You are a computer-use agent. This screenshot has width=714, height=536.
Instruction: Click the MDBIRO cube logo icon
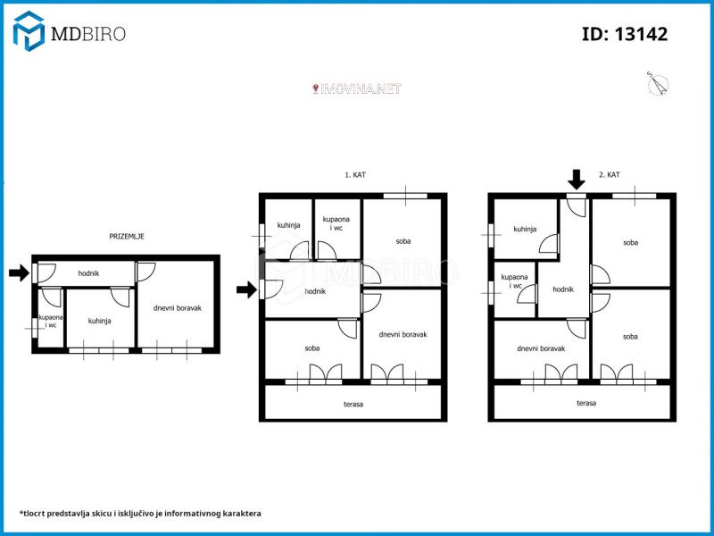pyautogui.click(x=29, y=31)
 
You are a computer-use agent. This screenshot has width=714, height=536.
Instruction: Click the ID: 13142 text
pyautogui.click(x=625, y=34)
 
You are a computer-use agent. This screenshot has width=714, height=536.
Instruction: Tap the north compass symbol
pyautogui.click(x=658, y=84)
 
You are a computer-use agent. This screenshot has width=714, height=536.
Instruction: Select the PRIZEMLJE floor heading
pyautogui.click(x=127, y=236)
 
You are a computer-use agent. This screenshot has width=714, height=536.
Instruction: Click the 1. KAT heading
pyautogui.click(x=354, y=174)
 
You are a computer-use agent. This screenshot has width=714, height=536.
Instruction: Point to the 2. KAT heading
pyautogui.click(x=609, y=174)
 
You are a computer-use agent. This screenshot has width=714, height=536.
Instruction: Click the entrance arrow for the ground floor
pyautogui.click(x=19, y=273)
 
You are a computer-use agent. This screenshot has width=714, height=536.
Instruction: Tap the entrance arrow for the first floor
pyautogui.click(x=246, y=289)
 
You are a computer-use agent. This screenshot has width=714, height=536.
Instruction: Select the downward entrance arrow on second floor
pyautogui.click(x=577, y=180)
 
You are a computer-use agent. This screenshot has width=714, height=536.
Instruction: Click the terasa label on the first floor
pyautogui.click(x=353, y=404)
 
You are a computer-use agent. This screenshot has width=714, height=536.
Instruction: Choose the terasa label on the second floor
pyautogui.click(x=586, y=403)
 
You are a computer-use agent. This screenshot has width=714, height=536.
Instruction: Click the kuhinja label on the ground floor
pyautogui.click(x=99, y=321)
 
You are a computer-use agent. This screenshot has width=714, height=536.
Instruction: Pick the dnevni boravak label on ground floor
pyautogui.click(x=177, y=308)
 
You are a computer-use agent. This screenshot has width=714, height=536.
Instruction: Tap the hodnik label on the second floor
pyautogui.click(x=563, y=289)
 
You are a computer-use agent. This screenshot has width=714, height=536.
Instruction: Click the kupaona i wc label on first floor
pyautogui.click(x=336, y=223)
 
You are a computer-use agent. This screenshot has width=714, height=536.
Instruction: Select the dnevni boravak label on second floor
pyautogui.click(x=541, y=348)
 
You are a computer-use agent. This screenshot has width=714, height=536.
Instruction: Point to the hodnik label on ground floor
pyautogui.click(x=88, y=273)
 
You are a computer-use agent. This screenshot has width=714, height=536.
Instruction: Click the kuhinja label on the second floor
pyautogui.click(x=525, y=230)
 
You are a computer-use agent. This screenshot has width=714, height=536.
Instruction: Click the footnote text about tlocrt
pyautogui.click(x=140, y=513)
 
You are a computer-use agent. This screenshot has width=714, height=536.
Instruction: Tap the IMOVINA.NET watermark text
pyautogui.click(x=356, y=88)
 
